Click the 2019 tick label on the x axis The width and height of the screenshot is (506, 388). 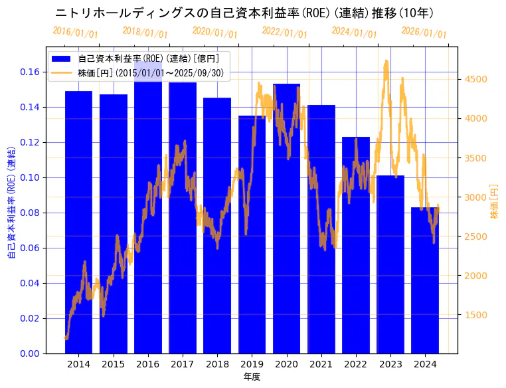252,364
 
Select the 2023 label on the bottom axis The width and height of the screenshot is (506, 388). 390,364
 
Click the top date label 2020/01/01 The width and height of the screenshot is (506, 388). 214,33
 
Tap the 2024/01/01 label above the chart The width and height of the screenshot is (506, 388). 354,33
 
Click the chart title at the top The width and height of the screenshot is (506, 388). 244,13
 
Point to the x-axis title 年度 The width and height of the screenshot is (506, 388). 252,377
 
